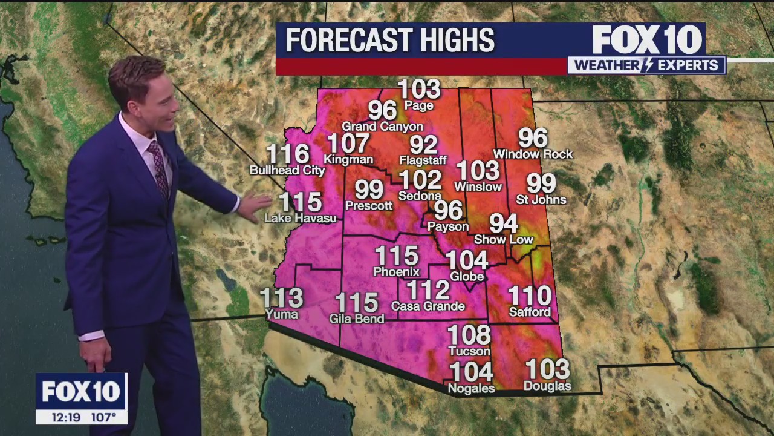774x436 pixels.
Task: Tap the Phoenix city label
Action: click(396, 272)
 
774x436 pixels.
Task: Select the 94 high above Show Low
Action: click(504, 223)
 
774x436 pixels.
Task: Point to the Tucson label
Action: click(469, 351)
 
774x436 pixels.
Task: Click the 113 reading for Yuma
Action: click(281, 298)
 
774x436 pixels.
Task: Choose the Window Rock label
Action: click(533, 154)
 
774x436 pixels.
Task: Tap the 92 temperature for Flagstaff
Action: click(423, 145)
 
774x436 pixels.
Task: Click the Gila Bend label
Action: click(357, 319)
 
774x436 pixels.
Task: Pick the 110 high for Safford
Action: click(530, 296)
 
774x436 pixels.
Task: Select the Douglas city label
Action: click(547, 386)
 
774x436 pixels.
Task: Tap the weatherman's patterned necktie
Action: click(159, 169)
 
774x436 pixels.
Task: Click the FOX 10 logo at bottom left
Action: click(81, 392)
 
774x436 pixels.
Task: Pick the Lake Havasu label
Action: click(301, 218)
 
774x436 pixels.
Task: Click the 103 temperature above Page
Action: click(419, 90)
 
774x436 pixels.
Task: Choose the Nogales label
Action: click(471, 388)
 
